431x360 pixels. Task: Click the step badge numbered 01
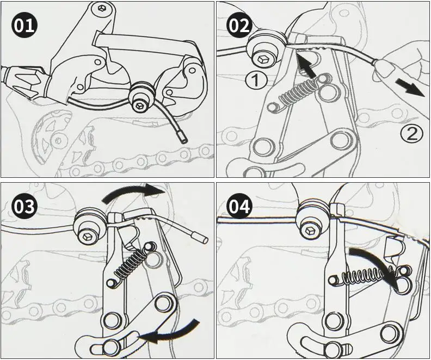(x=24, y=26)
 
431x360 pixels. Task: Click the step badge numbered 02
(x=239, y=26)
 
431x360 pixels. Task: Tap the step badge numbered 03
(x=24, y=206)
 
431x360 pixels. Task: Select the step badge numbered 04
(x=239, y=206)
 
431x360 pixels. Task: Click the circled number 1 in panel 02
(x=255, y=80)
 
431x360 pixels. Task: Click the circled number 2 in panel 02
(x=411, y=134)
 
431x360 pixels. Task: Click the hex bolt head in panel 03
(x=88, y=235)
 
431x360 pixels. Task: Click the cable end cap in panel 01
(x=182, y=138)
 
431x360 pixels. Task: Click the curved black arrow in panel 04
(x=377, y=263)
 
